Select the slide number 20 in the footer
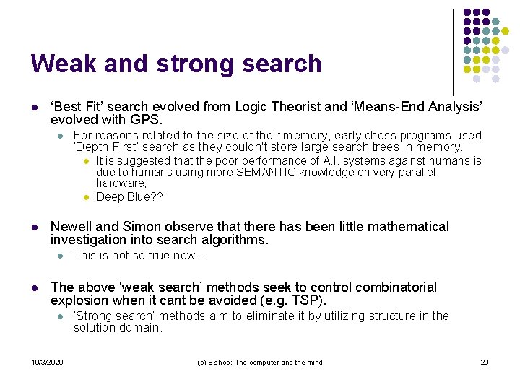pyautogui.click(x=485, y=362)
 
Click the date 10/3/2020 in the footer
pyautogui.click(x=47, y=362)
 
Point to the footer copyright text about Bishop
pyautogui.click(x=259, y=362)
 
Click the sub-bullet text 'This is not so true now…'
pyautogui.click(x=140, y=255)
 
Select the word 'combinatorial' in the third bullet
pyautogui.click(x=394, y=287)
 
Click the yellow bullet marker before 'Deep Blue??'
pyautogui.click(x=85, y=197)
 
